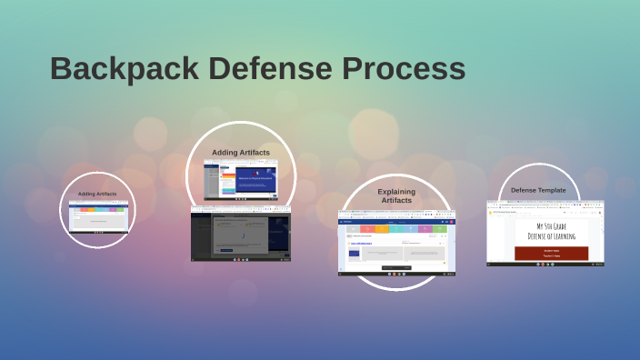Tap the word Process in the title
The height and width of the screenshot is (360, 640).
(404, 69)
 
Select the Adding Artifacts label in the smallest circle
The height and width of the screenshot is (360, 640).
(97, 194)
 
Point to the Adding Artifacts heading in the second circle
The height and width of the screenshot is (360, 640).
(241, 153)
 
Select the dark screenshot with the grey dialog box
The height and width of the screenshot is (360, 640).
(241, 234)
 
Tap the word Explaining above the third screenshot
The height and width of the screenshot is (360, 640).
(395, 191)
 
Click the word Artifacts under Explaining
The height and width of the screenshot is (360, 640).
(395, 200)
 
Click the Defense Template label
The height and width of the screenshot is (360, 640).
(538, 190)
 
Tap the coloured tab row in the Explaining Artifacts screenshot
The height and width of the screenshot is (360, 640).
(397, 229)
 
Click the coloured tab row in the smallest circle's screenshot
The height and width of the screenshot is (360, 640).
(98, 210)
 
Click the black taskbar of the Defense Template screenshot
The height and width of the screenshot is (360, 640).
(545, 264)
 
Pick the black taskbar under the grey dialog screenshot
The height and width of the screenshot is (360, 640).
(241, 260)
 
